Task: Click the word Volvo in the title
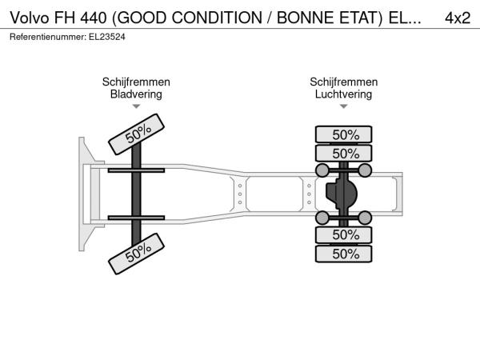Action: pyautogui.click(x=30, y=18)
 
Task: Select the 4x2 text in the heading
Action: pyautogui.click(x=458, y=18)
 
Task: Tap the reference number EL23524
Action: pyautogui.click(x=107, y=37)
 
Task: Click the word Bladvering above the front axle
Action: pyautogui.click(x=136, y=94)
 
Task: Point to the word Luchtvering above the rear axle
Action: pyautogui.click(x=343, y=94)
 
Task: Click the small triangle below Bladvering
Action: pyautogui.click(x=136, y=106)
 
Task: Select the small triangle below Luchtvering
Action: pyautogui.click(x=343, y=106)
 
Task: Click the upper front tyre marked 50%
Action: pyautogui.click(x=137, y=134)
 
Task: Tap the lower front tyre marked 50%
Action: pyautogui.click(x=137, y=254)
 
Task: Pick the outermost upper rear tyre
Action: pyautogui.click(x=343, y=134)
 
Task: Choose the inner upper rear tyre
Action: pyautogui.click(x=343, y=153)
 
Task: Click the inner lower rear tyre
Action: pyautogui.click(x=343, y=234)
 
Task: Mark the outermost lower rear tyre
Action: pyautogui.click(x=343, y=254)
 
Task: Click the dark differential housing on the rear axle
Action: pyautogui.click(x=342, y=194)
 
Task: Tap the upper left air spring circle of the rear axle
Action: pyautogui.click(x=322, y=170)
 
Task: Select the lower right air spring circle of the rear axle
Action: pyautogui.click(x=365, y=218)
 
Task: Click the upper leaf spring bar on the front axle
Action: pyautogui.click(x=136, y=170)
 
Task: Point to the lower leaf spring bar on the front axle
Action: pyautogui.click(x=136, y=218)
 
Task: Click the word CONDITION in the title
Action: pyautogui.click(x=217, y=18)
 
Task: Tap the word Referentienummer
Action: pyautogui.click(x=48, y=37)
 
